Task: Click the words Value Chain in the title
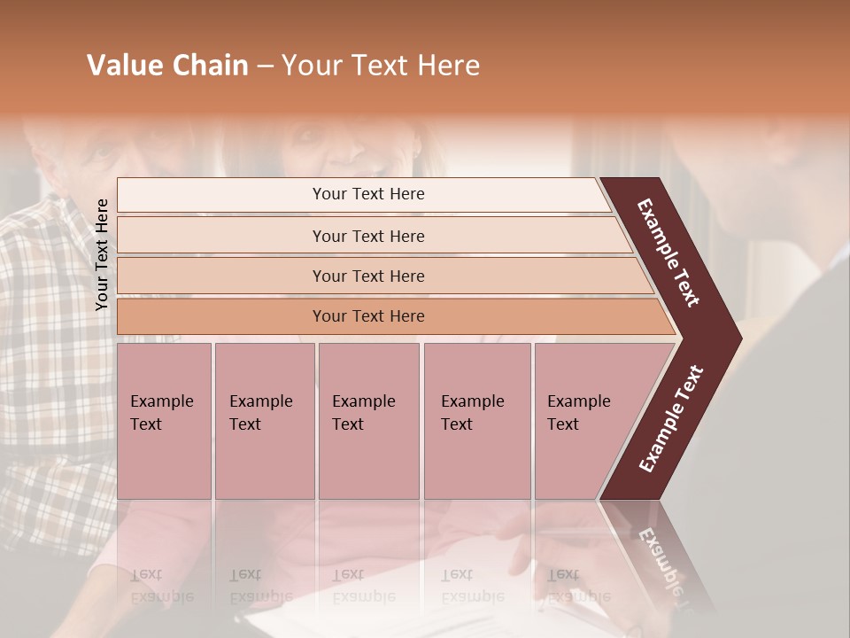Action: (x=167, y=66)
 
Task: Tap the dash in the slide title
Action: (x=265, y=66)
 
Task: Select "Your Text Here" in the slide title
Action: (x=380, y=66)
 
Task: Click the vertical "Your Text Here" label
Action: (x=102, y=254)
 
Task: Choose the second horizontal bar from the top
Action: (x=368, y=236)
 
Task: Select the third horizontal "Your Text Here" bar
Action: (x=368, y=276)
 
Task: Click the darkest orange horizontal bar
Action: (x=368, y=316)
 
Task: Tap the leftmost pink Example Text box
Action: (x=164, y=421)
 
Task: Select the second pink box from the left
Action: (x=265, y=421)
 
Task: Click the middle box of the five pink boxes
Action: (x=368, y=421)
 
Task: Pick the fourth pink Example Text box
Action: (x=477, y=421)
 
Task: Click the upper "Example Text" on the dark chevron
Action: (x=668, y=253)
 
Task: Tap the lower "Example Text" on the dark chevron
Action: (x=671, y=418)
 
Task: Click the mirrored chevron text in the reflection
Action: (x=661, y=558)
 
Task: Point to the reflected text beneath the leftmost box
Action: (x=161, y=586)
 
